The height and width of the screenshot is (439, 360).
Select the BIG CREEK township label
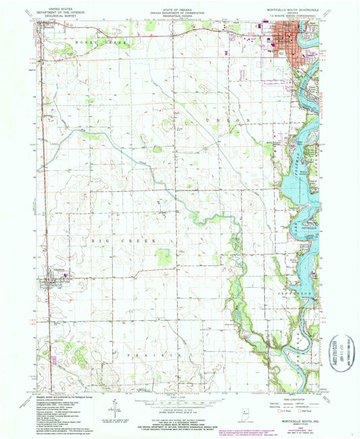point(108,240)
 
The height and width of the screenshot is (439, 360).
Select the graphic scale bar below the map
point(180,400)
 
